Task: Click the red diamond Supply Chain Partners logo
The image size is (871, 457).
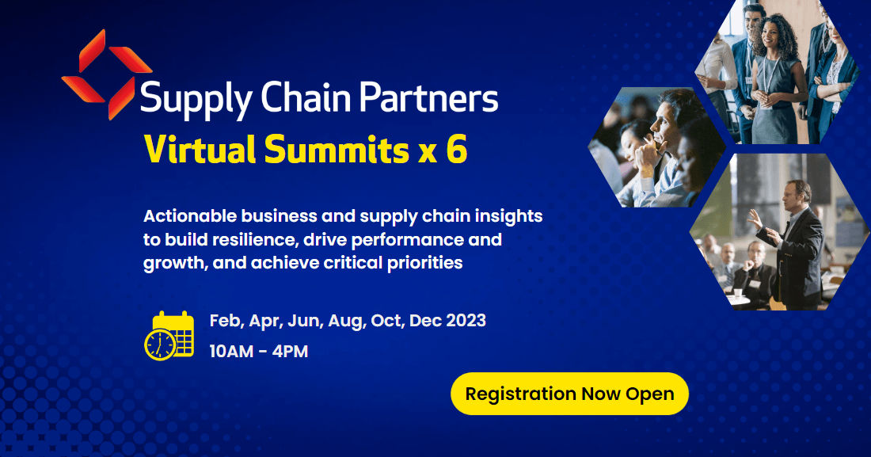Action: [106, 76]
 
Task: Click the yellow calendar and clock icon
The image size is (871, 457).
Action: [169, 335]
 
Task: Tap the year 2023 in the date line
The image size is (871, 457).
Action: [464, 321]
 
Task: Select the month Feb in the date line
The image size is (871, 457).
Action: [226, 321]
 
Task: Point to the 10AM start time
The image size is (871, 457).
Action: [231, 352]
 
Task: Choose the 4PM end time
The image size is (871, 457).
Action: [290, 352]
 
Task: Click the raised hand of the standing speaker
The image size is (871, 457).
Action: [754, 219]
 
